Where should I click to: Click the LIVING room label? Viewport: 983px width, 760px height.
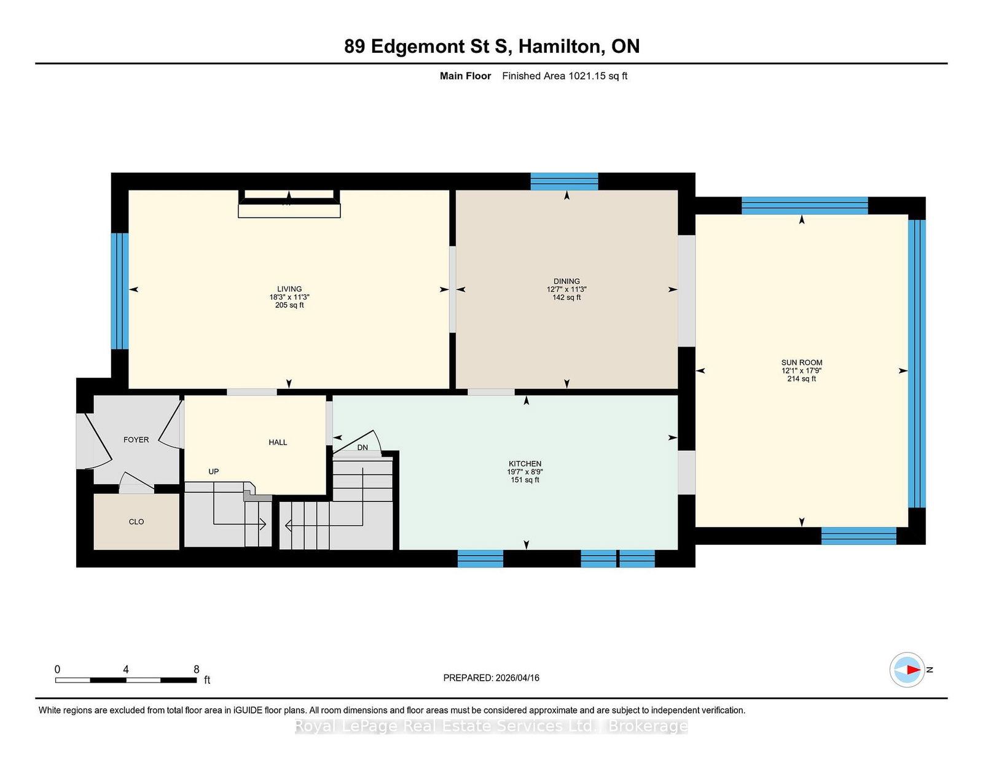tap(289, 289)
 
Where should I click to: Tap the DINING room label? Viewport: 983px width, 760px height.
tap(566, 281)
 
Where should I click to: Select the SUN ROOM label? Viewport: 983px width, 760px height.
tap(802, 362)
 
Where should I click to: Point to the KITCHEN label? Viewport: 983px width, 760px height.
tap(525, 464)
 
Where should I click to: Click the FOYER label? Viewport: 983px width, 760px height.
tap(136, 440)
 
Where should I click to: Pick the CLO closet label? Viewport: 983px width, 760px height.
tap(136, 522)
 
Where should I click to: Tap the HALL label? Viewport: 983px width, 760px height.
tap(278, 442)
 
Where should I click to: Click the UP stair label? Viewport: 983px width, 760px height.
tap(214, 471)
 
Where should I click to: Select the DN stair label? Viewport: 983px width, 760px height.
tap(362, 447)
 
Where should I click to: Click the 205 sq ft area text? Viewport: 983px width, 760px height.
tap(289, 305)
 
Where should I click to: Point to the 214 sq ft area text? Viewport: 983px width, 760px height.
tap(802, 378)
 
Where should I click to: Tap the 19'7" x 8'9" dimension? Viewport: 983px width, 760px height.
tap(525, 471)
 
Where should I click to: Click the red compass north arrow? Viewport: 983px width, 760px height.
tap(913, 670)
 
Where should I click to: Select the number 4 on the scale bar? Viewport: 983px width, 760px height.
tap(126, 670)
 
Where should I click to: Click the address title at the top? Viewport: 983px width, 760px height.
tap(491, 47)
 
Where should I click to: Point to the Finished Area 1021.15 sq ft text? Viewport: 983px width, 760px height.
tap(565, 76)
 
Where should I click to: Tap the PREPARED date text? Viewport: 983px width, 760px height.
tap(491, 678)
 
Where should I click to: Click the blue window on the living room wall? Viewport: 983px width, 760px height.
tap(120, 291)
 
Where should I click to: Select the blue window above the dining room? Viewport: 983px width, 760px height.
tap(564, 181)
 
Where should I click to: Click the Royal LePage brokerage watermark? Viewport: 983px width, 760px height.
tap(491, 726)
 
